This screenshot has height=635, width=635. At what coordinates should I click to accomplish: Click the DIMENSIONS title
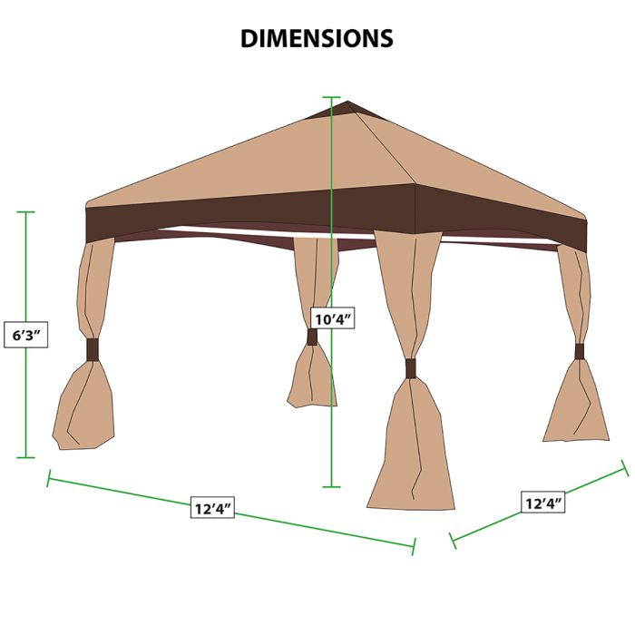pyautogui.click(x=317, y=38)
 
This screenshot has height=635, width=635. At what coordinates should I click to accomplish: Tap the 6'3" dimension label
pyautogui.click(x=26, y=335)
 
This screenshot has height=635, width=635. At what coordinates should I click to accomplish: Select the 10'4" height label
pyautogui.click(x=333, y=320)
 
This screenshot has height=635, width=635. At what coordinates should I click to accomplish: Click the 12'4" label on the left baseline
pyautogui.click(x=212, y=508)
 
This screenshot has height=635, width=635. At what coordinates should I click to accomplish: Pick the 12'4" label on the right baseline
pyautogui.click(x=542, y=503)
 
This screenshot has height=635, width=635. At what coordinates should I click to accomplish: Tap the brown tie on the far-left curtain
pyautogui.click(x=93, y=349)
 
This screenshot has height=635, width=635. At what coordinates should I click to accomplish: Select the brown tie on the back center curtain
pyautogui.click(x=312, y=337)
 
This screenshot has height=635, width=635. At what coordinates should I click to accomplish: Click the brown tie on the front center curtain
pyautogui.click(x=411, y=368)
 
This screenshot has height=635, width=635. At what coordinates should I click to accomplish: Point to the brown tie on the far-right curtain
pyautogui.click(x=580, y=352)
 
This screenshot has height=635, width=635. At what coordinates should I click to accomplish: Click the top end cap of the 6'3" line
pyautogui.click(x=26, y=211)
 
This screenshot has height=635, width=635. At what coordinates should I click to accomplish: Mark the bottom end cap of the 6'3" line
pyautogui.click(x=26, y=457)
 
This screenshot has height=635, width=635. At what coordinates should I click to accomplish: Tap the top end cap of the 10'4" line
pyautogui.click(x=331, y=97)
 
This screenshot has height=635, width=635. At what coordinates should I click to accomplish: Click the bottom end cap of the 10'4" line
pyautogui.click(x=331, y=487)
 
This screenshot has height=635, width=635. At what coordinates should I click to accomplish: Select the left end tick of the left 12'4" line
pyautogui.click(x=49, y=478)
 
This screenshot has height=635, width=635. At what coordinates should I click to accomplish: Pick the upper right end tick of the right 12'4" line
pyautogui.click(x=625, y=468)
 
